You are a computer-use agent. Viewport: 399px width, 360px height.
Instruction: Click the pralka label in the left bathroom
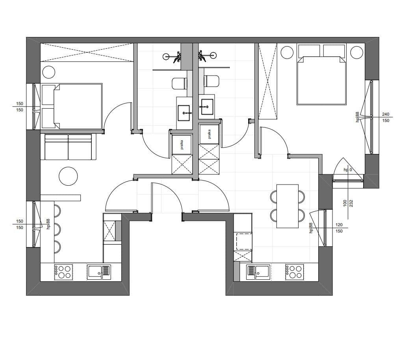pos(182,145)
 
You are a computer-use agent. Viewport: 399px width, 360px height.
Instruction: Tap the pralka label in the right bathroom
pos(209,134)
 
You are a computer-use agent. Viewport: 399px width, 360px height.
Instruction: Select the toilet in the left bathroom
pos(180,83)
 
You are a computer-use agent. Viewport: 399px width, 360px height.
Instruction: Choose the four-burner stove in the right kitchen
pos(294,272)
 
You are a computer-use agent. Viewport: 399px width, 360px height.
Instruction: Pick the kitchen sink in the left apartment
pos(99,272)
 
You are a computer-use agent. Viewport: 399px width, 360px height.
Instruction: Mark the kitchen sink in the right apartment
pos(258,272)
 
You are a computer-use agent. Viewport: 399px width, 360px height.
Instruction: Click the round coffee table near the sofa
pos(68,176)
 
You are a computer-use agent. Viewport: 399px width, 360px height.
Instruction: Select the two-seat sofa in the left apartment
pos(68,147)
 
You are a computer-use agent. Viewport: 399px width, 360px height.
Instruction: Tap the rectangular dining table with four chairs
pos(288,206)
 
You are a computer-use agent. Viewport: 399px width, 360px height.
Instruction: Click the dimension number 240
pos(386,114)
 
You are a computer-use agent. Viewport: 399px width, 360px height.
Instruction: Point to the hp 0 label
pos(348,170)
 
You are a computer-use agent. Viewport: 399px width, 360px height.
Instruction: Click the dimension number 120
pos(339,225)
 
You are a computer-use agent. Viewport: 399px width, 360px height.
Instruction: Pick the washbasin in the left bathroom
pos(184,113)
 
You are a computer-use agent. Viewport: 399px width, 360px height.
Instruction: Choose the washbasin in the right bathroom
pos(207,107)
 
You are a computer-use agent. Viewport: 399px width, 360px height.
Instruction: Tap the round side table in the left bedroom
pos(49,72)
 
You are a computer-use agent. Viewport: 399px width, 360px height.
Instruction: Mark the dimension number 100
pos(345,203)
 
